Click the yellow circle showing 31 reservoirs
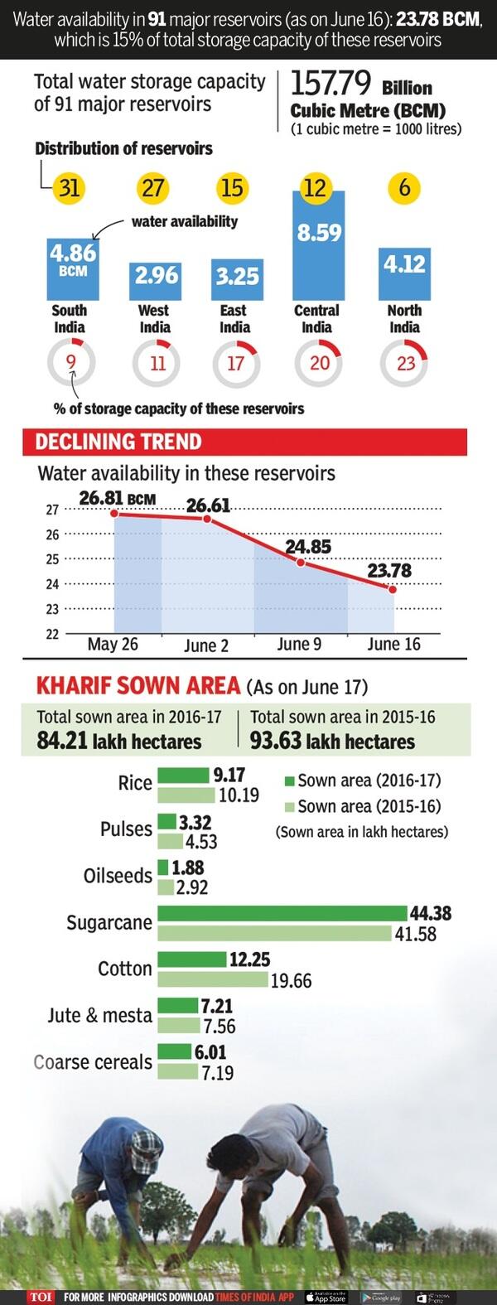point(70,188)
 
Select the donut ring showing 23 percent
point(404,363)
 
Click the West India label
point(154,318)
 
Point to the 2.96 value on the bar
point(157,274)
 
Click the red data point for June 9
point(301,562)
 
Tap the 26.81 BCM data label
point(117,498)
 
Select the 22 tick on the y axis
point(52,634)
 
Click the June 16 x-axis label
point(393,645)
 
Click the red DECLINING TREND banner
point(244,442)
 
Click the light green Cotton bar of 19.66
point(213,979)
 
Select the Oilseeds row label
point(118,876)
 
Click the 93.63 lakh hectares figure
point(332,741)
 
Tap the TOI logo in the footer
point(41,1297)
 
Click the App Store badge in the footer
point(326,1297)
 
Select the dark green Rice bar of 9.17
point(183,775)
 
